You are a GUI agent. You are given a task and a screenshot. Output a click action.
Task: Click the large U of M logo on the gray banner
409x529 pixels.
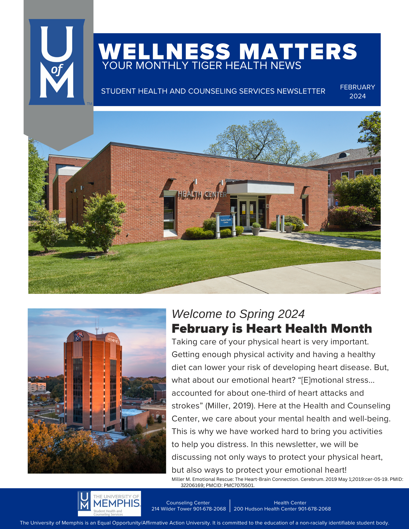(57, 62)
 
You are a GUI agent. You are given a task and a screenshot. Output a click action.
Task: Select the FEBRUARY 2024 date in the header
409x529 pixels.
(357, 92)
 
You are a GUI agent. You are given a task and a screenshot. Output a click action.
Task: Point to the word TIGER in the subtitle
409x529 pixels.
(207, 66)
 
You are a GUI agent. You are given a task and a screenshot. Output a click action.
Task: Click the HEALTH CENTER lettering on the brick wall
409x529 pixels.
(202, 194)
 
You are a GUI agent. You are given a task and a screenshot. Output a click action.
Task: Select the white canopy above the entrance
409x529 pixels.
(260, 188)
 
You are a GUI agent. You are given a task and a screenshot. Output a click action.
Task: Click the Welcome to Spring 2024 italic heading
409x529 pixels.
(238, 314)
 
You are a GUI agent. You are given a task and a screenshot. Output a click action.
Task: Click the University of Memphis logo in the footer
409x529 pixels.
(109, 503)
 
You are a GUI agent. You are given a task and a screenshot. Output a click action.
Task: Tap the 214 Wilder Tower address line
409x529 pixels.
(188, 509)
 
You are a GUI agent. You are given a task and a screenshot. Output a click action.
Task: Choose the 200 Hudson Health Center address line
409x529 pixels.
(282, 509)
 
